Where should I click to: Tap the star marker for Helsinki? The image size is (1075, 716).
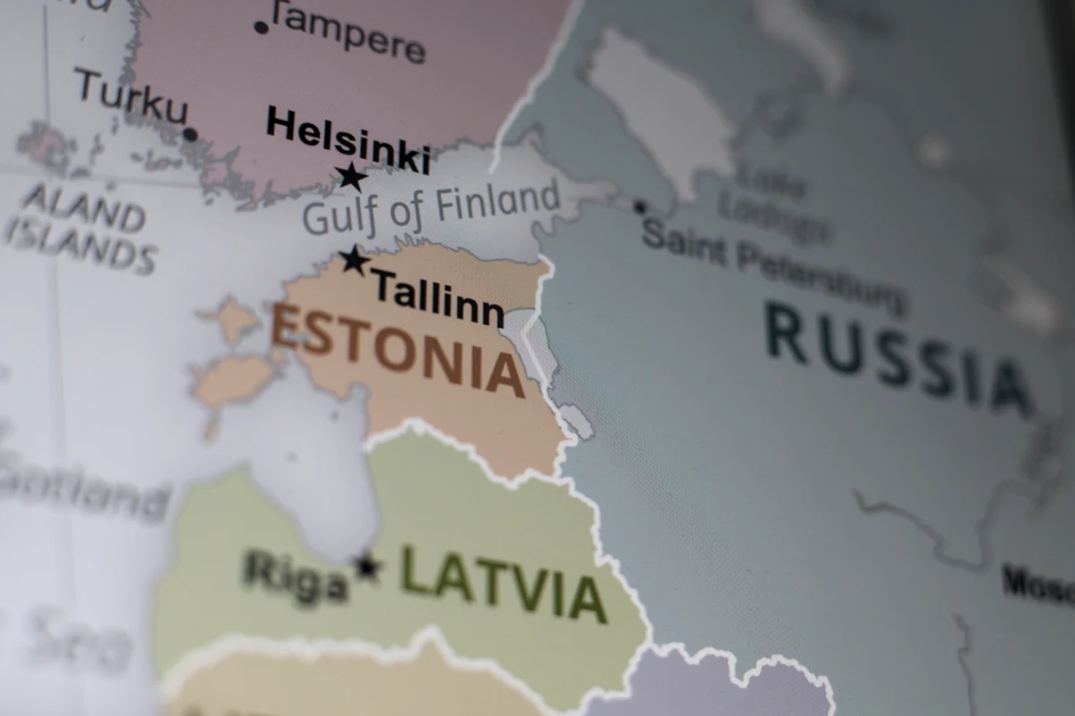coord(351,177)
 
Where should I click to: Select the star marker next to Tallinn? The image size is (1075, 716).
coord(355,261)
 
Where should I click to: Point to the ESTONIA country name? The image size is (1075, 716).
coord(398,349)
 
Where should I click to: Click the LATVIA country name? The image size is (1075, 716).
coord(503,583)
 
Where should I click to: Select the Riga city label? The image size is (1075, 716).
coord(296,575)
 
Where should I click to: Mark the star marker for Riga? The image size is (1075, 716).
coord(366,566)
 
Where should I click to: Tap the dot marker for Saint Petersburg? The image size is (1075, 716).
coord(640,207)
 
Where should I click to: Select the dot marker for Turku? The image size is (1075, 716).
coord(190,134)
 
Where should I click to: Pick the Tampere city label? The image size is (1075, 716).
coord(348,32)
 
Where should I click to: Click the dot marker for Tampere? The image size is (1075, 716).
coord(262,28)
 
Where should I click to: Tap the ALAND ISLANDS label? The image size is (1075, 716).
coord(81,228)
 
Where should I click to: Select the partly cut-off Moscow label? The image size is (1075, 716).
coord(1039,584)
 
